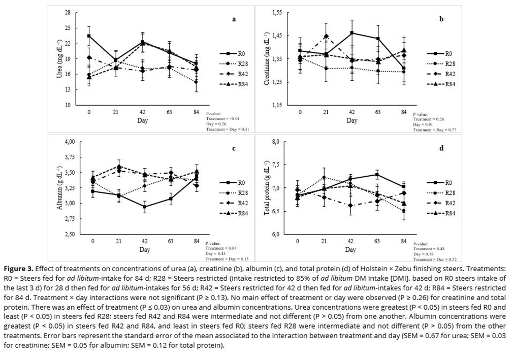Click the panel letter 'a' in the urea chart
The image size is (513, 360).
point(234,20)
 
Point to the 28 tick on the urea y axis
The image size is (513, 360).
point(67,12)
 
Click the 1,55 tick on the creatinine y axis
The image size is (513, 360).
point(277,12)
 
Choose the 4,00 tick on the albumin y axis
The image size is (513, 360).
point(70,142)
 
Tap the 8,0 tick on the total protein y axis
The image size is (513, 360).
point(275,142)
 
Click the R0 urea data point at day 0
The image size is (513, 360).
point(89,36)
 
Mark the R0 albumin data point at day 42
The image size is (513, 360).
point(145,207)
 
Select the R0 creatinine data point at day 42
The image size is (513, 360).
point(352,33)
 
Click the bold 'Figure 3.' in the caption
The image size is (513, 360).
point(19,268)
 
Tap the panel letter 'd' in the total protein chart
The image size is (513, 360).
point(441,148)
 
